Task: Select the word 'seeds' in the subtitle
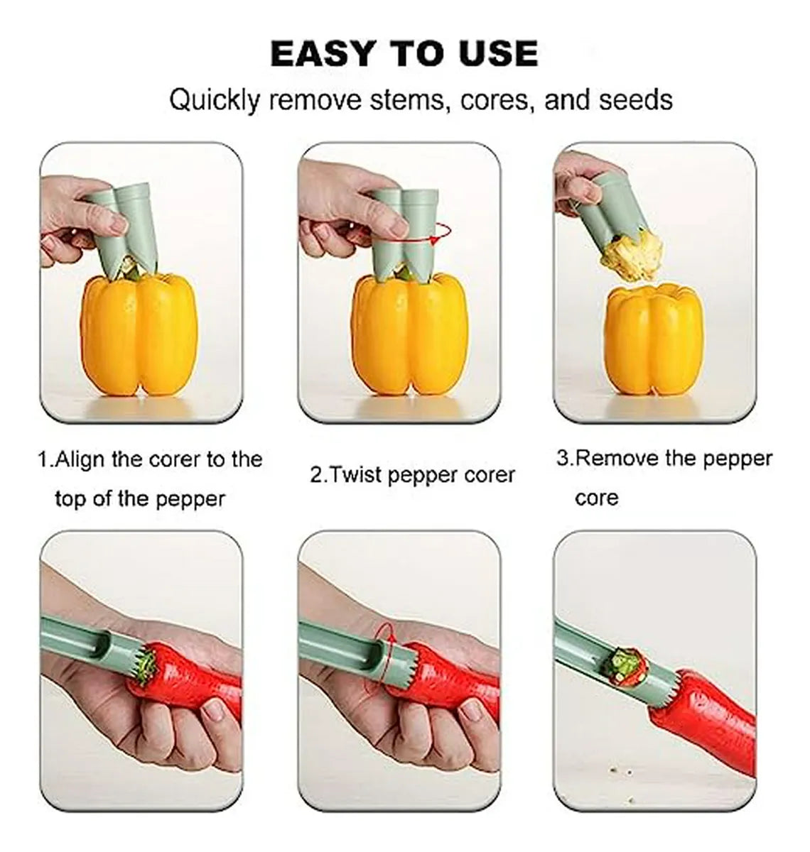tap(636, 99)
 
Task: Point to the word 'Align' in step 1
tap(82, 460)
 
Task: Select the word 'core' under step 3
tap(597, 498)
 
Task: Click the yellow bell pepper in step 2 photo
tap(409, 334)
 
